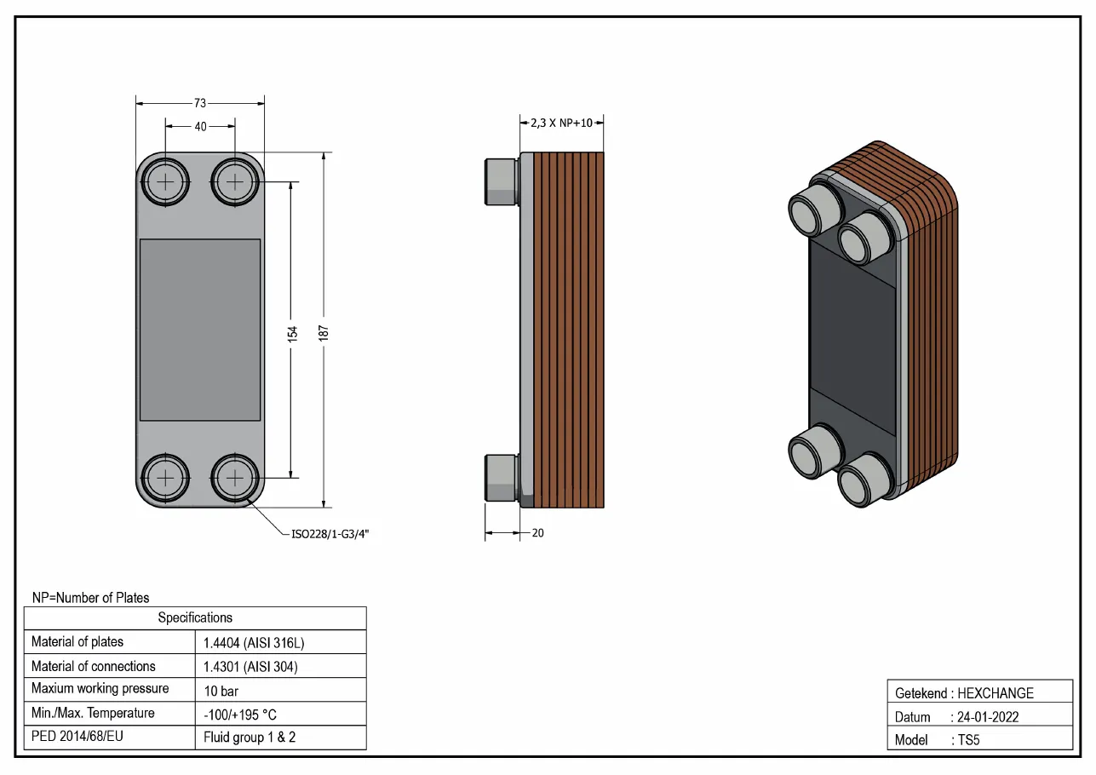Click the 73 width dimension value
coord(200,103)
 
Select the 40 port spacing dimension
coord(201,127)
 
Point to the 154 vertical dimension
coord(292,334)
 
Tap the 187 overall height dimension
coord(324,333)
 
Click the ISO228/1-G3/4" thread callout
coord(330,534)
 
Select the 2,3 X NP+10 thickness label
coord(562,123)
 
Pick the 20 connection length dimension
coord(537,533)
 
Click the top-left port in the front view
coord(165,182)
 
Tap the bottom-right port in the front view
coord(235,478)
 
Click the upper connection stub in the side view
coord(502,182)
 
